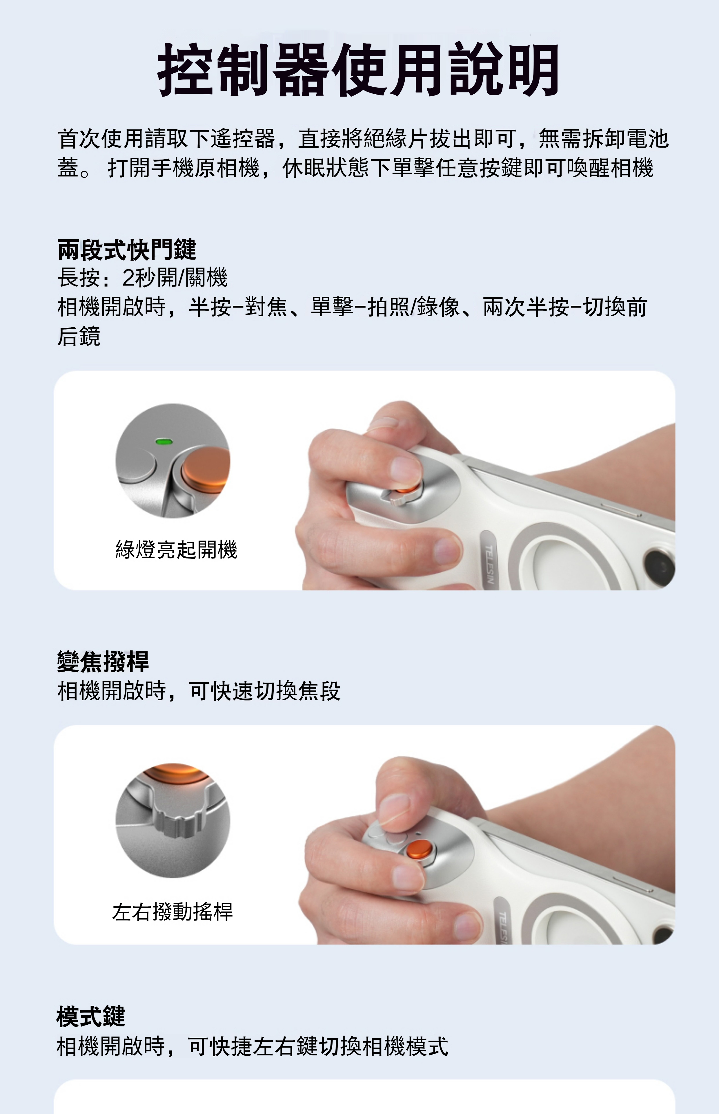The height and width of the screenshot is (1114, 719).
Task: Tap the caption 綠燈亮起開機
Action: (177, 549)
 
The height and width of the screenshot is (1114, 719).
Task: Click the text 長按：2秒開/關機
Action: (142, 278)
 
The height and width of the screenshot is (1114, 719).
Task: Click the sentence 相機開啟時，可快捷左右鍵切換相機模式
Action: (253, 1046)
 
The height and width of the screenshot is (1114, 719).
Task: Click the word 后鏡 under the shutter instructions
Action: (79, 336)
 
